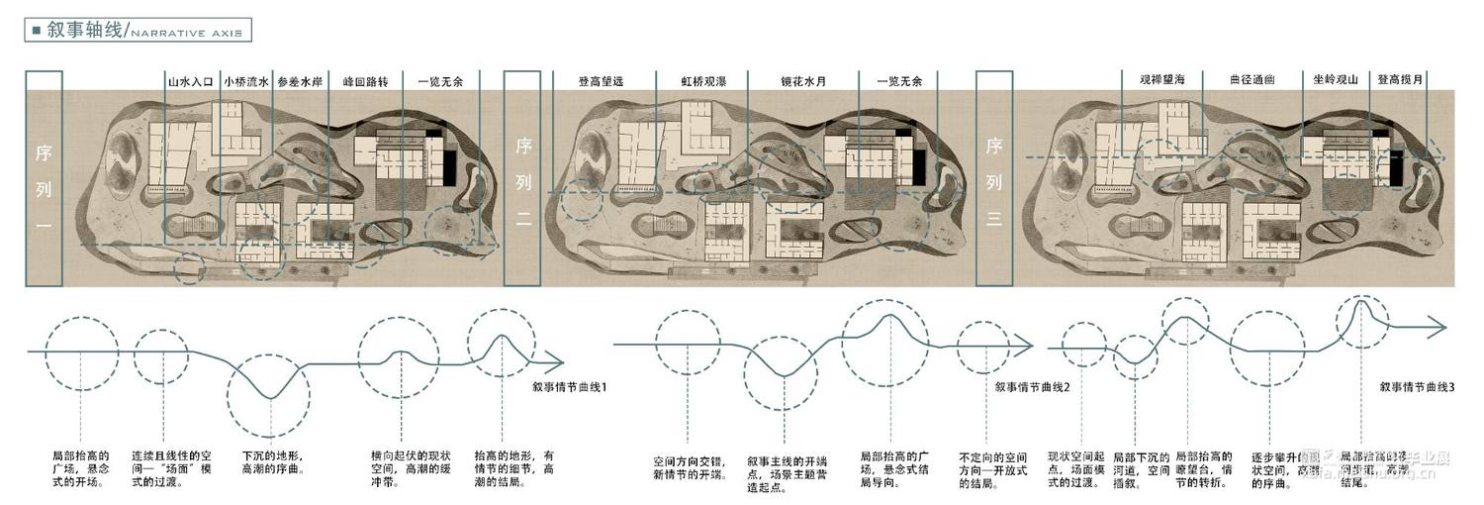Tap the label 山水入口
191,82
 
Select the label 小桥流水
246,82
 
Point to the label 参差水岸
300,82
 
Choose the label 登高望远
603,82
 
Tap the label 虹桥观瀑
703,82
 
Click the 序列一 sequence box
45,178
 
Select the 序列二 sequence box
522,178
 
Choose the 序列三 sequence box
994,178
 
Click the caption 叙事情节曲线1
570,385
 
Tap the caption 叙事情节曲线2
1034,385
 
